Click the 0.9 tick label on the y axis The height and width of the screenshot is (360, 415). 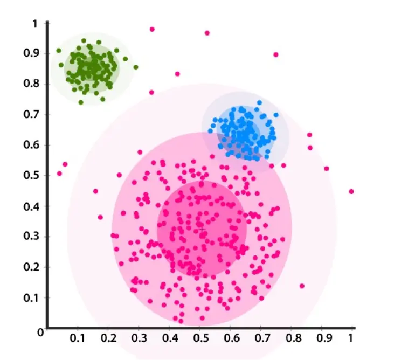[x=34, y=53]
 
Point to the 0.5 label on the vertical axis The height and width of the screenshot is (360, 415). [x=34, y=176]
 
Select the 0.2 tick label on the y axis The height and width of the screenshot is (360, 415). [x=34, y=267]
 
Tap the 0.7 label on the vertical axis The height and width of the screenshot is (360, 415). [x=34, y=114]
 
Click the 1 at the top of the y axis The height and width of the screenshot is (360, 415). [x=36, y=24]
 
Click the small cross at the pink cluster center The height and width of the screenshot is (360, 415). [x=202, y=230]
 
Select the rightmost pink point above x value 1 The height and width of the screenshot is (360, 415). [x=351, y=191]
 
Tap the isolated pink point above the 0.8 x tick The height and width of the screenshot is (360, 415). [x=302, y=286]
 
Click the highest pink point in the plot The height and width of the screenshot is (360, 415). [x=152, y=29]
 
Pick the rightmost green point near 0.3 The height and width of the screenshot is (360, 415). [x=136, y=67]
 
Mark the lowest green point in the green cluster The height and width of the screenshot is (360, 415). [x=81, y=102]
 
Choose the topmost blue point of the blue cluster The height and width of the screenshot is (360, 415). [x=259, y=102]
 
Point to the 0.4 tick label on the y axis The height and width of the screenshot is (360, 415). [x=34, y=206]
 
